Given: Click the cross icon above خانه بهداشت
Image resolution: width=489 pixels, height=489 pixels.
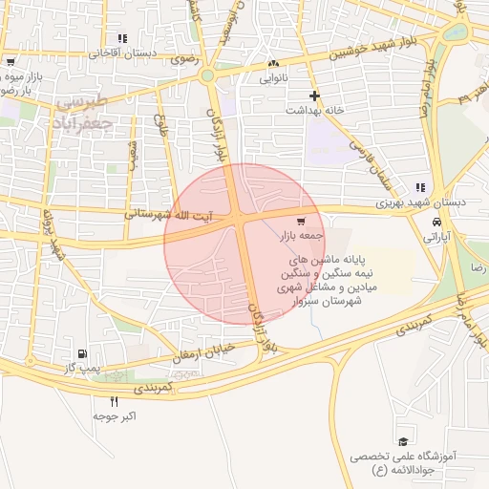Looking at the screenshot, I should [x=314, y=95].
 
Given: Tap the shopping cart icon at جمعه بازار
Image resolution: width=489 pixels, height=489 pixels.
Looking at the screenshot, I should [x=301, y=221].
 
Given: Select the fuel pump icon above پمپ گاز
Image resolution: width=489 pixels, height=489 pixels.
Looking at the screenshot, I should [x=93, y=353].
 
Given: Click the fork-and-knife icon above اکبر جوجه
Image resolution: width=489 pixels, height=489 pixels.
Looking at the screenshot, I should [x=116, y=401].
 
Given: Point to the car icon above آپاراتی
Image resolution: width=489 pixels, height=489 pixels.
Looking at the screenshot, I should [x=436, y=219].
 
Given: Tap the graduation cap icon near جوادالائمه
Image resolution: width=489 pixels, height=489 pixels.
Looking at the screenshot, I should [x=403, y=440].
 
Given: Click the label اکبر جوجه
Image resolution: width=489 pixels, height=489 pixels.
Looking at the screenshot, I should [x=116, y=416].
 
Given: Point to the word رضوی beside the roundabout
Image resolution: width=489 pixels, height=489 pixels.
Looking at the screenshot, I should [x=181, y=59].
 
